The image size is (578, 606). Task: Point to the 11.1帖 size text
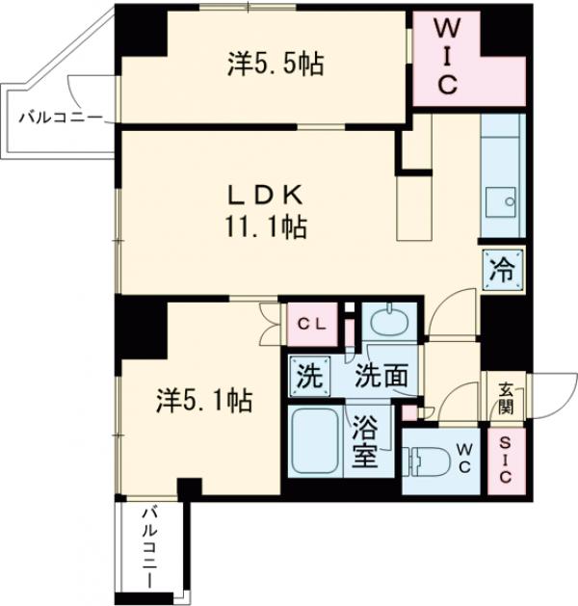tap(266, 228)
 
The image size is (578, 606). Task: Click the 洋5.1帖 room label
tap(204, 400)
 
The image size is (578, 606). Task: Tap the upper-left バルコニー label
tap(59, 119)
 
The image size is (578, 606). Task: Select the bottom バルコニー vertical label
tap(151, 549)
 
